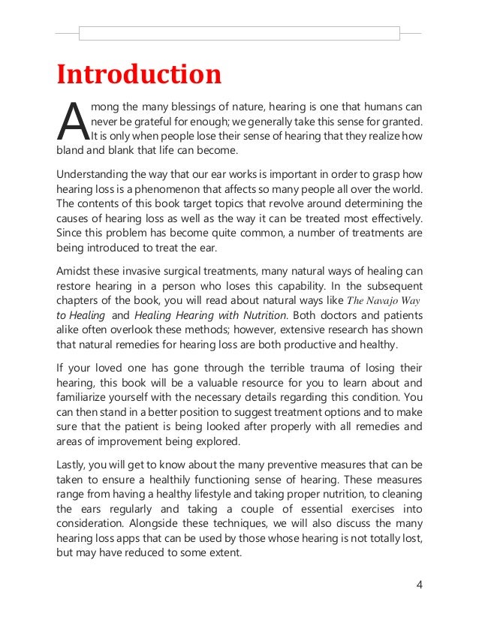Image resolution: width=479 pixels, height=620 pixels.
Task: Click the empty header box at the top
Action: (x=239, y=34)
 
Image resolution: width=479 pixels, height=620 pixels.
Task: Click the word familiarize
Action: (x=85, y=398)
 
